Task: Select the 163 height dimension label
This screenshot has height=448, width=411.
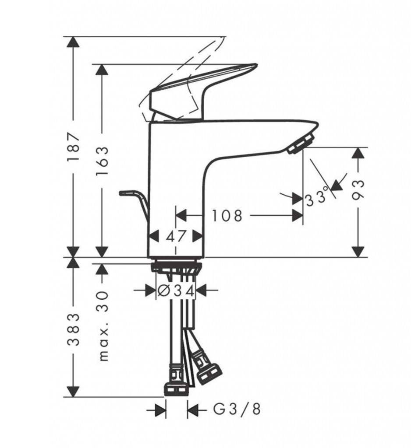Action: click(x=103, y=161)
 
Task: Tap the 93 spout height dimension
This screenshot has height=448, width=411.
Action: click(x=358, y=189)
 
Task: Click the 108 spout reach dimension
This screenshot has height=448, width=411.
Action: click(x=227, y=216)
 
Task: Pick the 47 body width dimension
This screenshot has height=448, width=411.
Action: click(x=176, y=236)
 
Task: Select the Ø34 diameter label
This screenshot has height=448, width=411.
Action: click(x=176, y=291)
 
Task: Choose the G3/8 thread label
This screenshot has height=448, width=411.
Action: click(x=237, y=409)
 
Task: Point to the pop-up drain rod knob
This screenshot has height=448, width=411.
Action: click(x=126, y=193)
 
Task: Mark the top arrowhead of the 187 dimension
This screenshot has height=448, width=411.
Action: click(x=74, y=42)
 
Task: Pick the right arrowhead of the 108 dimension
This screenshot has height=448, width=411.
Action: click(x=298, y=215)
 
